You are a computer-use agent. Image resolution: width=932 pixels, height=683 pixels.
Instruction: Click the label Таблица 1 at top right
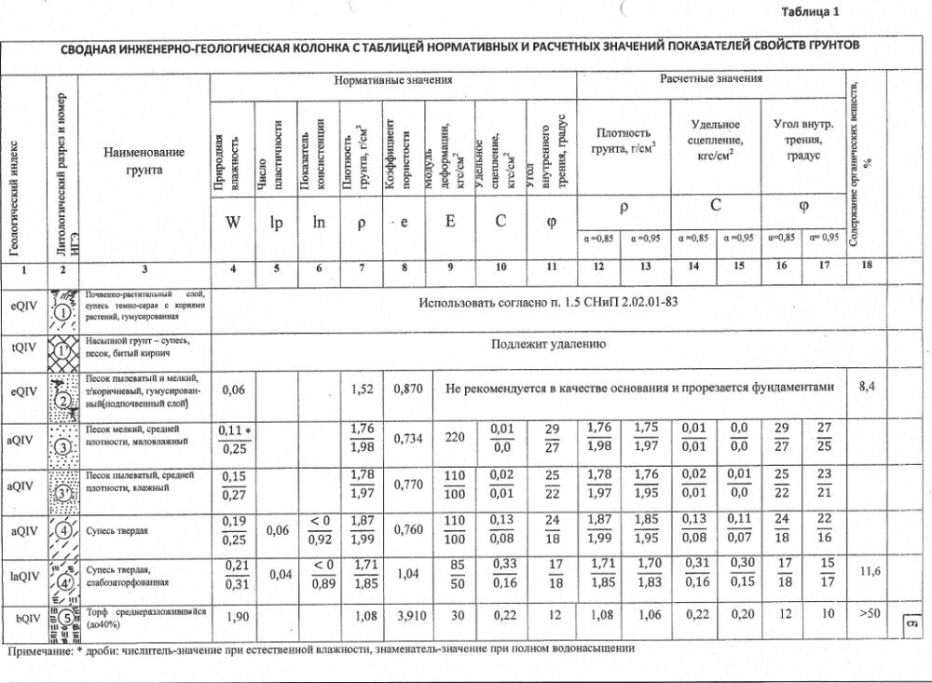click(x=809, y=12)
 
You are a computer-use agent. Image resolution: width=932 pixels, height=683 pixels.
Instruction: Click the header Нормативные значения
click(x=393, y=81)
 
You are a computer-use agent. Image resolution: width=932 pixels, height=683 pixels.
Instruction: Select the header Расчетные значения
click(x=711, y=79)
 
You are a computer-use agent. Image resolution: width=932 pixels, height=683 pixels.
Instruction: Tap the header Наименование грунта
click(x=144, y=160)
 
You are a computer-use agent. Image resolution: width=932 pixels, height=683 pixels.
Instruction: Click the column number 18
click(x=867, y=268)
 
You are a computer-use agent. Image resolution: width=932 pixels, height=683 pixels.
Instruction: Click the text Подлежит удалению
click(x=549, y=344)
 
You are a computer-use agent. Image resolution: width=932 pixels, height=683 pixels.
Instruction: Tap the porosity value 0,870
click(x=404, y=389)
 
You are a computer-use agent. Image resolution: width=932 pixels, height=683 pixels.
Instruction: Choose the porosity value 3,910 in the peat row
click(x=404, y=617)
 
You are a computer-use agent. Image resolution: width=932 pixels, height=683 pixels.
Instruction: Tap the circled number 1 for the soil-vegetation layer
click(x=63, y=313)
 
